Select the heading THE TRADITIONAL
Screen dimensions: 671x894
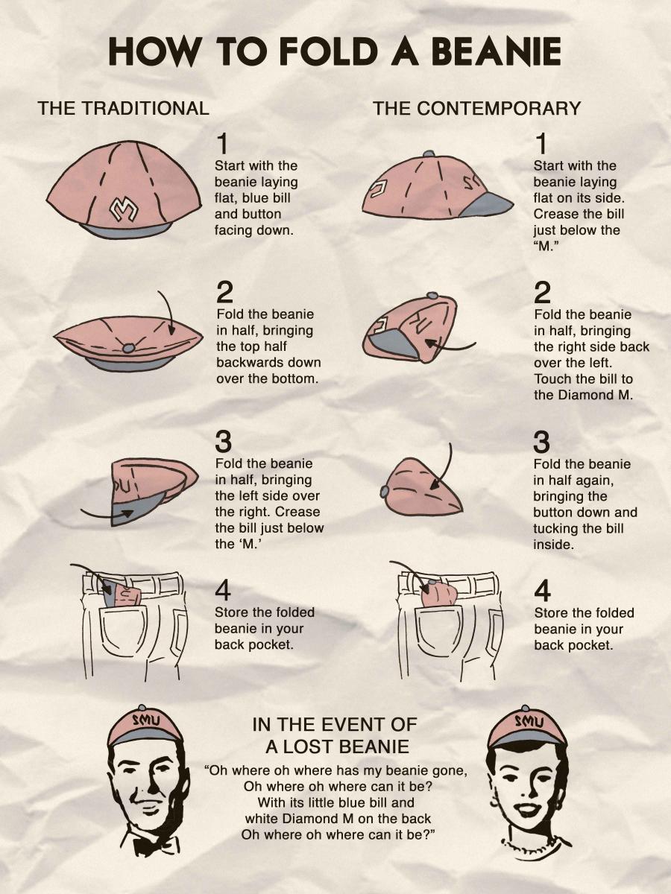click(x=124, y=108)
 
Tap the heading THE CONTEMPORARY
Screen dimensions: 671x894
click(x=477, y=108)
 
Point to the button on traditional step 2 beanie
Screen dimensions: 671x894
click(x=129, y=347)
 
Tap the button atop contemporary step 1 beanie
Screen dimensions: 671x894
click(x=429, y=154)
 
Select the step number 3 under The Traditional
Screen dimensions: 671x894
click(x=223, y=442)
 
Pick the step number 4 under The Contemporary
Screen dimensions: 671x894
click(x=542, y=592)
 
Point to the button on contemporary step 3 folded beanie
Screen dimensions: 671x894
click(x=385, y=492)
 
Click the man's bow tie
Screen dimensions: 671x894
click(x=146, y=843)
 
